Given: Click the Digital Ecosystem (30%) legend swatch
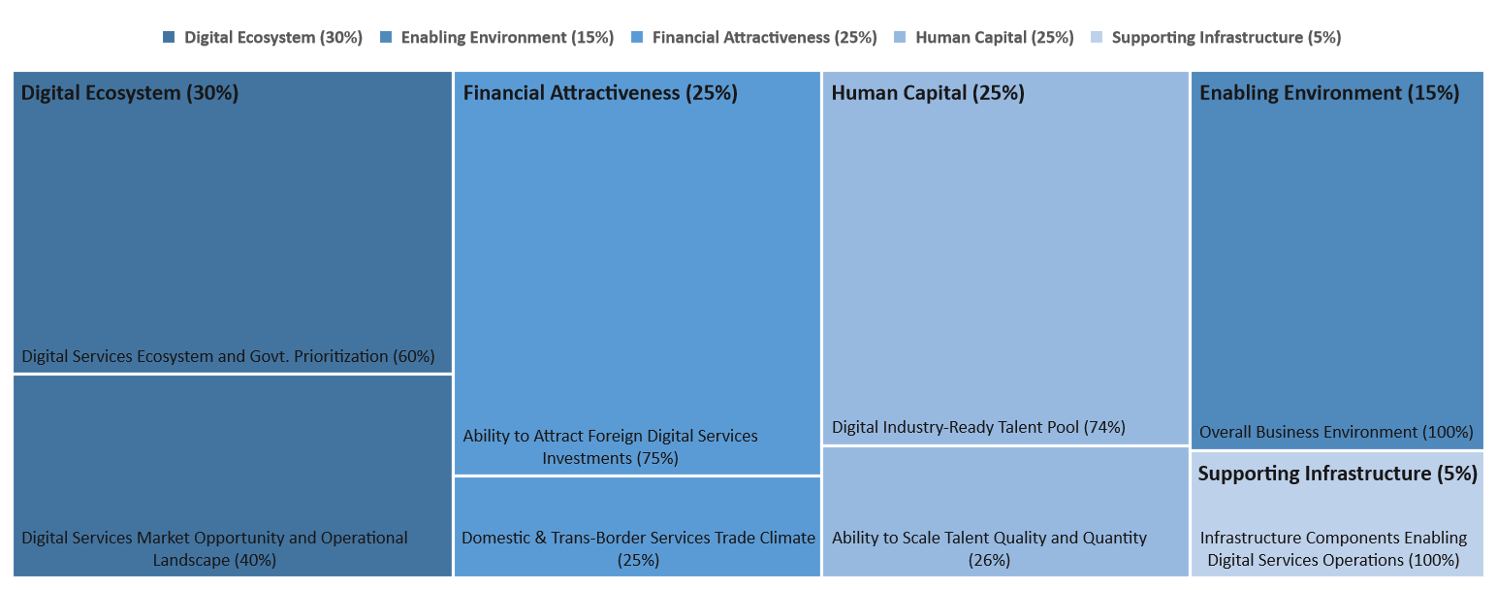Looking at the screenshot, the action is [169, 38].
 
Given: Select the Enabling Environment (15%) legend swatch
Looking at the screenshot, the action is [386, 38].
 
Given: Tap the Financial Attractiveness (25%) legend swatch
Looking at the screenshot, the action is [637, 38].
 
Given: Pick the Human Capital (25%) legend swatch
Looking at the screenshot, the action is [900, 38].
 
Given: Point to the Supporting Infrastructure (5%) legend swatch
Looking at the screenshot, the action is [1096, 38].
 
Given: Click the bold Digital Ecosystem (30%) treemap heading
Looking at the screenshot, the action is [130, 93].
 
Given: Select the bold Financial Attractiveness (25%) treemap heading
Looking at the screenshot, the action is [600, 93].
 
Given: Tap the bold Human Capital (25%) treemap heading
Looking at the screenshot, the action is [928, 93].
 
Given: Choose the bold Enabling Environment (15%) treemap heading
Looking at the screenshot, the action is [1329, 93].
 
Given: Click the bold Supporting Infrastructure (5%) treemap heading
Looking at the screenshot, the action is [1337, 474].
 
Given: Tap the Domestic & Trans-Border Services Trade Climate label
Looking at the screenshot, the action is [638, 538].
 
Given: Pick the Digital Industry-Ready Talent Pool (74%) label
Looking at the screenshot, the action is [978, 427].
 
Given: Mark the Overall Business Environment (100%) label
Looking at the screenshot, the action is [1336, 432].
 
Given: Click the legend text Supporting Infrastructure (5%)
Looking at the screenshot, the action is [1226, 38].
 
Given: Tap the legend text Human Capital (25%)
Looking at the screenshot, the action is [995, 38].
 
